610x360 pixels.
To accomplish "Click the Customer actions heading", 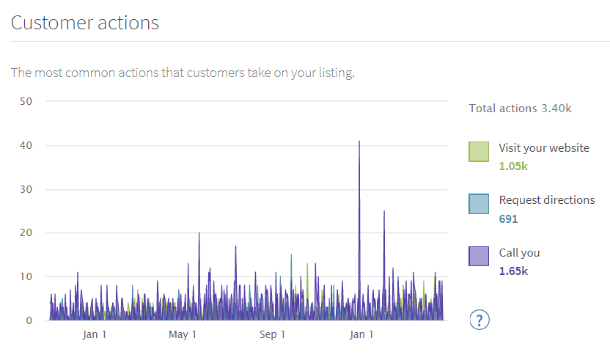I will (85, 23).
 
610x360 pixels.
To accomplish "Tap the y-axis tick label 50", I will (26, 101).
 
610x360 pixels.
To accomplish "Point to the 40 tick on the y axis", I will (26, 145).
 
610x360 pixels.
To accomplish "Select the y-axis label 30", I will (26, 189).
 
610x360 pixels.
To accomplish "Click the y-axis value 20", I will (26, 232).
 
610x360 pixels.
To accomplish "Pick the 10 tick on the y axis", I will (26, 276).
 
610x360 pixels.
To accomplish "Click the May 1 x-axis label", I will (183, 335).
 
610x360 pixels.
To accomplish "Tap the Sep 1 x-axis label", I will (272, 335).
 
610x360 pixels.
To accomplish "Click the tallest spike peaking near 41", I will (359, 142).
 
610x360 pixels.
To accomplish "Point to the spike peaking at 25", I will (384, 213).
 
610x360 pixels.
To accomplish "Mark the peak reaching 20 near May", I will (199, 235).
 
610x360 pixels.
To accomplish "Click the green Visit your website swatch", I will (479, 152).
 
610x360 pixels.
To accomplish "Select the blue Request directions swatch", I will (479, 204).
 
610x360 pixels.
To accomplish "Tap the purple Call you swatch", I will (479, 256).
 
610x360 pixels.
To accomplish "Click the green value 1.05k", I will (513, 166).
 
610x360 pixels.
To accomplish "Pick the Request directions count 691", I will (509, 218).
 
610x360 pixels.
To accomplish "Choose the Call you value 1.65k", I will (513, 271).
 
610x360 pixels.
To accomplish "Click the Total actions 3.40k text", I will (520, 109).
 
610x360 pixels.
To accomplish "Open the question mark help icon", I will (479, 320).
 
